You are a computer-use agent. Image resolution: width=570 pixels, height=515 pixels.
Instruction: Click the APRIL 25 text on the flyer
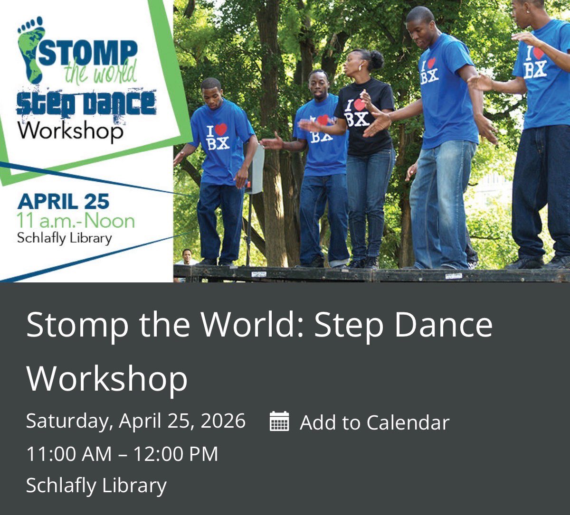tap(63, 202)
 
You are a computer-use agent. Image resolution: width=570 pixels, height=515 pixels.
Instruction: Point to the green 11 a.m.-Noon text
tap(76, 221)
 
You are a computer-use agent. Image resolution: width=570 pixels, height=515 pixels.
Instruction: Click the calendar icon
tap(279, 421)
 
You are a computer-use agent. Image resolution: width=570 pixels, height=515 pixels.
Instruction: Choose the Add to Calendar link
tap(374, 422)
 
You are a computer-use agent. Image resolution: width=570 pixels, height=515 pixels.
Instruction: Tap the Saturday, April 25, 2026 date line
tap(136, 421)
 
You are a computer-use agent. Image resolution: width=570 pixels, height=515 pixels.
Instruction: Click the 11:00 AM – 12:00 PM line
tap(122, 454)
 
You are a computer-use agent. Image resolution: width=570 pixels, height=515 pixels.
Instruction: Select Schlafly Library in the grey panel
tap(96, 485)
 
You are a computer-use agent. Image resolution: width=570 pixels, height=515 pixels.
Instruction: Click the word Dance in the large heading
tap(445, 325)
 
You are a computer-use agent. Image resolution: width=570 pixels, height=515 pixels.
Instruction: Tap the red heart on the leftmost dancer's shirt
tap(220, 129)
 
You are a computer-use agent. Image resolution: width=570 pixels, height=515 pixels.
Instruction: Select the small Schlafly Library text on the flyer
tap(64, 237)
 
